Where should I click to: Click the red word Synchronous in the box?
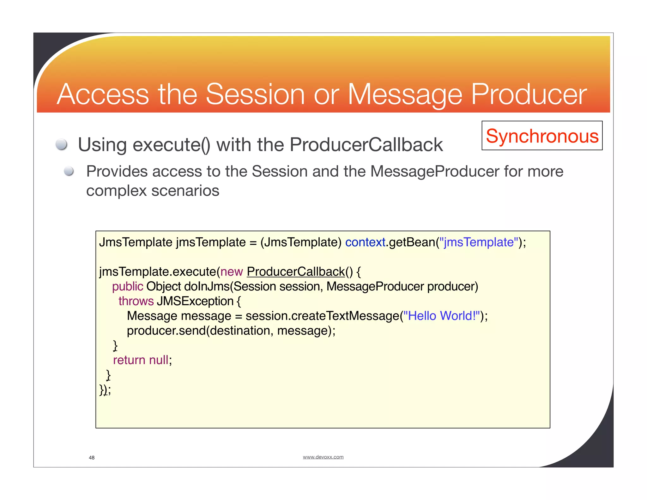[542, 136]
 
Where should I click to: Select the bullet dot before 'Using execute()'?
[61, 145]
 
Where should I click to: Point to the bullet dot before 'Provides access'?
[69, 171]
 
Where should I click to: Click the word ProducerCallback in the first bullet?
[366, 145]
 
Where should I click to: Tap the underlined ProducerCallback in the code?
[296, 271]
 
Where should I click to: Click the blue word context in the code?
[365, 242]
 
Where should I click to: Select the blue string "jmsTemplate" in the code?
[479, 242]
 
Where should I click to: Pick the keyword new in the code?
[232, 271]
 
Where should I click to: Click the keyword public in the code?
[128, 286]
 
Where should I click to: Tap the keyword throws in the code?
[136, 301]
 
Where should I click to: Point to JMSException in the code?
[195, 301]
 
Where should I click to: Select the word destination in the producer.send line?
[240, 331]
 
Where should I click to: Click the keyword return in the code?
[129, 360]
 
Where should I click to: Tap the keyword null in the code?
[159, 360]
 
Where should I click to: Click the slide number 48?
[92, 458]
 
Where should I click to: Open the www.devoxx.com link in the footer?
[323, 457]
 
